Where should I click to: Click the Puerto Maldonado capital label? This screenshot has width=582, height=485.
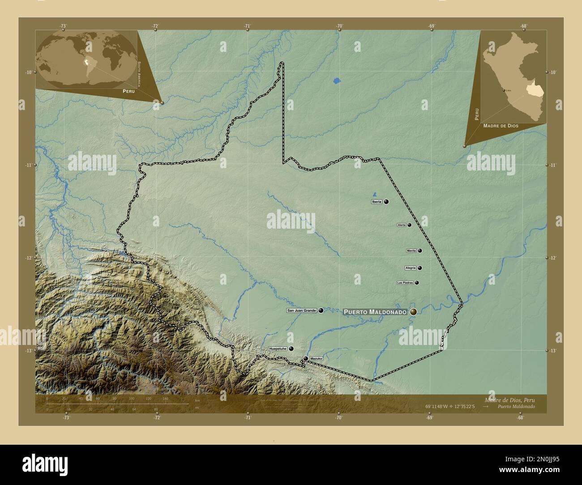point(375,312)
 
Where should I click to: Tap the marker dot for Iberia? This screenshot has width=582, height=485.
point(386,202)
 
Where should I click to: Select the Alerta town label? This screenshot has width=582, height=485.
point(402,225)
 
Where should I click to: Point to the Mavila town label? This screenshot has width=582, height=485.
point(411,251)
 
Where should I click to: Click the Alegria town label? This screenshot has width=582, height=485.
point(411,268)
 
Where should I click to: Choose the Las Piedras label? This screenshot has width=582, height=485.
point(405,283)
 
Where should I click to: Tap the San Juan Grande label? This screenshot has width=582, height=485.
point(302,311)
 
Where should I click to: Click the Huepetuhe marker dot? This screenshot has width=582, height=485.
point(291,349)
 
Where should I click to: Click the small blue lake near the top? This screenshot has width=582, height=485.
point(337,81)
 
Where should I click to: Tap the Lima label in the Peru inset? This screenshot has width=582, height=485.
point(508,90)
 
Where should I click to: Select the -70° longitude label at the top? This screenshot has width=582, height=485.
point(339,26)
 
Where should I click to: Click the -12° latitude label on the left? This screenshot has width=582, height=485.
point(28,258)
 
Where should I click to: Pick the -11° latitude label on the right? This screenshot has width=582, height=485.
point(553,165)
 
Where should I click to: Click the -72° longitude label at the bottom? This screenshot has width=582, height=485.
point(157,418)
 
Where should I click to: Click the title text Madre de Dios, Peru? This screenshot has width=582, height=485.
point(509,400)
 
